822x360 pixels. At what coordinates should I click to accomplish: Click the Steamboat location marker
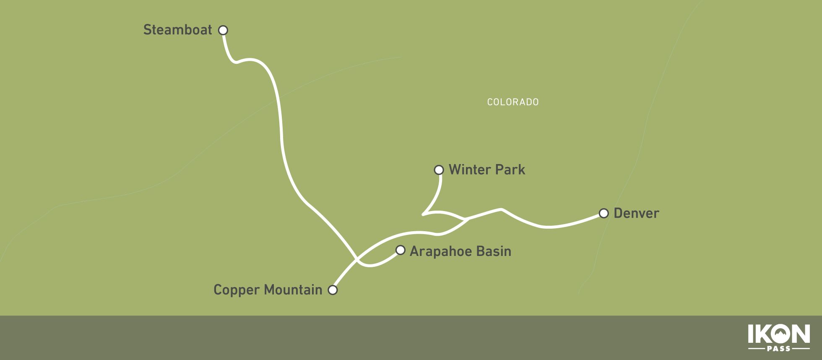point(223,30)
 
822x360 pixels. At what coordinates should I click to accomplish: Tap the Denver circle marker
point(603,213)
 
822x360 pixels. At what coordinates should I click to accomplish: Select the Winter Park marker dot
point(439,170)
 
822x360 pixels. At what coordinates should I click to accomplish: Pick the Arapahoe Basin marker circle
point(401,250)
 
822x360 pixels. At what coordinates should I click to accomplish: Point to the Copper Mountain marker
point(333,290)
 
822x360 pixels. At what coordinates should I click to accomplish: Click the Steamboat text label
point(177,30)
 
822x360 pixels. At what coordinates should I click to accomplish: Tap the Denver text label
point(636,213)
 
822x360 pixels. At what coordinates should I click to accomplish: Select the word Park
point(510,170)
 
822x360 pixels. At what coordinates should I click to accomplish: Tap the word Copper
point(237,290)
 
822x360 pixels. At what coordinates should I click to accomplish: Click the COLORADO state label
point(512,102)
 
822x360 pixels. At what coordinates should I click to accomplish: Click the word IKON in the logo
point(779,334)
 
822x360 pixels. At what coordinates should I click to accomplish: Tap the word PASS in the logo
point(779,349)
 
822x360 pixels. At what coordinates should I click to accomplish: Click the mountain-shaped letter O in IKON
point(779,334)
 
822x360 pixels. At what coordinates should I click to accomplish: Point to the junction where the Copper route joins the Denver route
point(467,219)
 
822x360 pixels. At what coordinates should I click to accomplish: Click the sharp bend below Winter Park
point(423,214)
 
